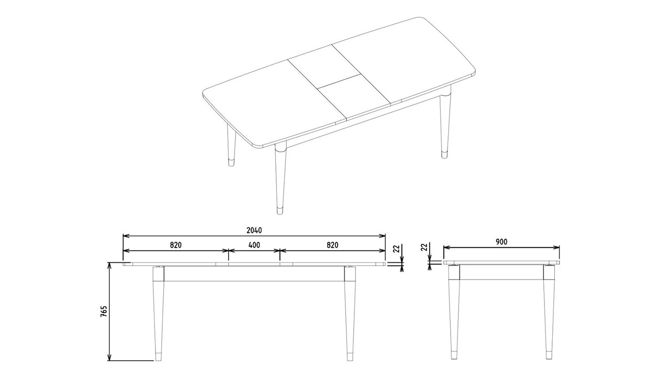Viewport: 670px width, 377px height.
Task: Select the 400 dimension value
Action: pos(254,245)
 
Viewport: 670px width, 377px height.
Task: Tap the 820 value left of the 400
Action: pos(175,245)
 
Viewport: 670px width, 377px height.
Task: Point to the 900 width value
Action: pos(501,242)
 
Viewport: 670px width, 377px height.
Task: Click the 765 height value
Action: pos(104,312)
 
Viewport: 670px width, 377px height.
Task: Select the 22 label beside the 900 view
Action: pos(424,247)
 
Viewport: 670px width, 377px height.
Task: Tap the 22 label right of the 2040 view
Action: pos(396,249)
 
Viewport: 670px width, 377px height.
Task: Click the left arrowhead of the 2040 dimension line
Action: pos(126,236)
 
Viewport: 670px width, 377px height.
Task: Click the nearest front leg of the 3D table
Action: pos(281,178)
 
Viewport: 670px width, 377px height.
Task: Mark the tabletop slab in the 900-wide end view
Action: pos(501,262)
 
